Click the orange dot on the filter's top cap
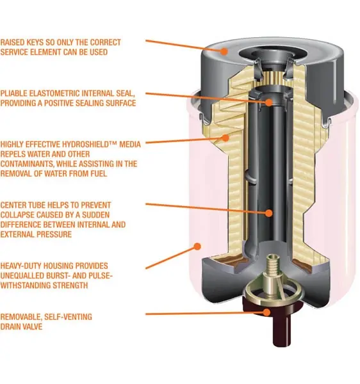[224, 51]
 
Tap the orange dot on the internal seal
[269, 102]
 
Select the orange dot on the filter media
[225, 138]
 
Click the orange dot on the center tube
[269, 213]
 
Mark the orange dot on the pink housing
[197, 246]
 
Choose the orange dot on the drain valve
[266, 312]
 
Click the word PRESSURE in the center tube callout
[54, 234]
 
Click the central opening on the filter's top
[268, 55]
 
